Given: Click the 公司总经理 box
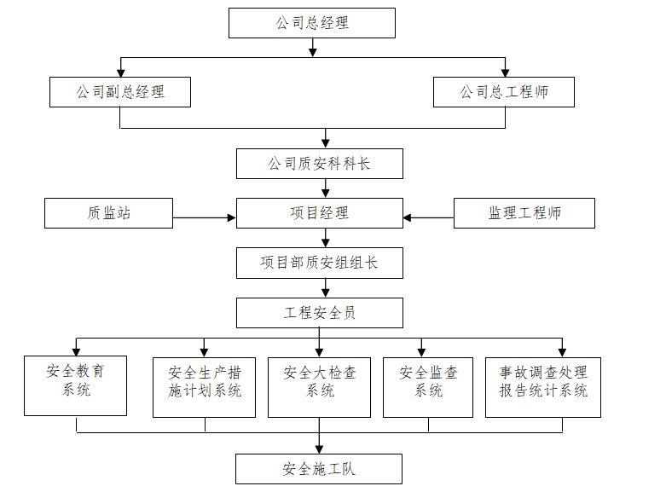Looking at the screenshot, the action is point(312,23).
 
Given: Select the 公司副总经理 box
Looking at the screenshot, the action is point(120,92).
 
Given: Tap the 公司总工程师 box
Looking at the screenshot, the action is point(504,92).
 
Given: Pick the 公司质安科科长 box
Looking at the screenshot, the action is point(320,164).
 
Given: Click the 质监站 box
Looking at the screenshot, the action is point(109,213).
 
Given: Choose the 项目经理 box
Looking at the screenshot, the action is point(320,213).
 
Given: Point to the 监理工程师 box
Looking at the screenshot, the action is point(524,213).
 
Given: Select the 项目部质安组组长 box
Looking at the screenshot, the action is point(320,263).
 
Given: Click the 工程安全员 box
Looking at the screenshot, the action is point(320,313).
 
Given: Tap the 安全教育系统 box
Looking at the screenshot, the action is point(76,385).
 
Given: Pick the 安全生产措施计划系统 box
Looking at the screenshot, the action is point(205,387).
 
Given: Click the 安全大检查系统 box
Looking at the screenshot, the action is point(320,387).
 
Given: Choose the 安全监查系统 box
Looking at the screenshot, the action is point(428,387).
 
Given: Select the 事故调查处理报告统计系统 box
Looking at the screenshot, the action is point(543,387).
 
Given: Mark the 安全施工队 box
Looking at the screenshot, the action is point(319,469).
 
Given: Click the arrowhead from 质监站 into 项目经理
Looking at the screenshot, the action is point(232,218).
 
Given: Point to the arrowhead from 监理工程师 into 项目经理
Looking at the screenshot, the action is point(408,218).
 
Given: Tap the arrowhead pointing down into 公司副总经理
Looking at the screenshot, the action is point(121,73).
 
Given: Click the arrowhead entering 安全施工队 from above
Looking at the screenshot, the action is point(320,449).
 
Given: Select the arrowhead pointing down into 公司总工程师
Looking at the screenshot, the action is point(506,73).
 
